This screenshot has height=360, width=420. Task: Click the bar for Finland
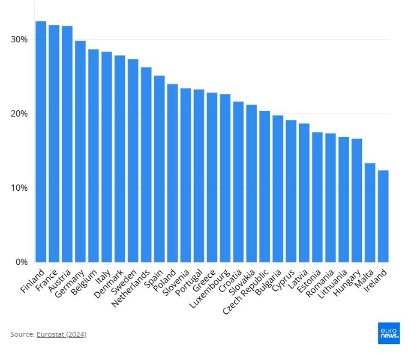coord(41,141)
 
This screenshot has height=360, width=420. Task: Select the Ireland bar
coord(383,216)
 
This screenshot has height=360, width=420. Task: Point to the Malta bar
coord(370,212)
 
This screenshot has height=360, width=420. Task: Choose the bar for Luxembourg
coord(225,178)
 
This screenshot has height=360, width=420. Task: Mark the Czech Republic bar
coord(264,186)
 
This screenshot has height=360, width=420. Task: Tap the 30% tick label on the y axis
coord(19,39)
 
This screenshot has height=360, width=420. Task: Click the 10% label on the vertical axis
coord(19,188)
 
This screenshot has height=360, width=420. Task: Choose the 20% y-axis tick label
coord(19,114)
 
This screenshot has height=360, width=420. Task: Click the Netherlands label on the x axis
coord(131,288)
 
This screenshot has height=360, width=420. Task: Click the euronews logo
coord(389,333)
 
